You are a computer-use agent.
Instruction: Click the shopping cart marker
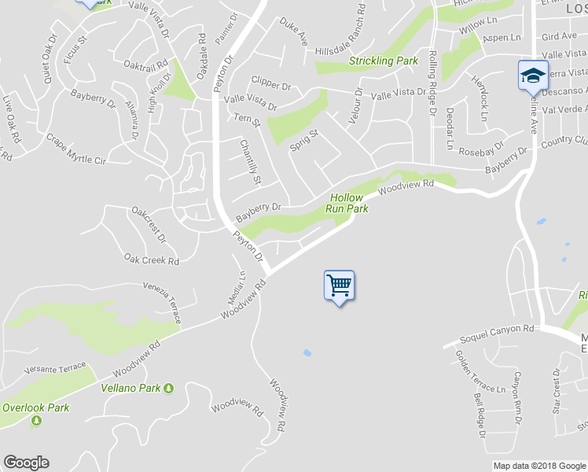pos(339,286)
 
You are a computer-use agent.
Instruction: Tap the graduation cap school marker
pos(532,76)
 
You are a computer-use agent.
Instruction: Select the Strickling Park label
pos(383,61)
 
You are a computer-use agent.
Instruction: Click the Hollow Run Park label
pos(347,204)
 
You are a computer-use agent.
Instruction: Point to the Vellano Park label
pos(130,388)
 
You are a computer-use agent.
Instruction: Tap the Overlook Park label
pos(35,407)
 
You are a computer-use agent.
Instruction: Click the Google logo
pos(26,463)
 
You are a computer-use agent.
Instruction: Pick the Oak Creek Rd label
pos(152,259)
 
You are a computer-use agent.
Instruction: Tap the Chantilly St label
pos(250,161)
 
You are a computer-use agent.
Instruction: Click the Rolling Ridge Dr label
pos(432,83)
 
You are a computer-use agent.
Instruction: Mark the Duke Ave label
pos(292,31)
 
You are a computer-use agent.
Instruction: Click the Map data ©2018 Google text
pos(538,466)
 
